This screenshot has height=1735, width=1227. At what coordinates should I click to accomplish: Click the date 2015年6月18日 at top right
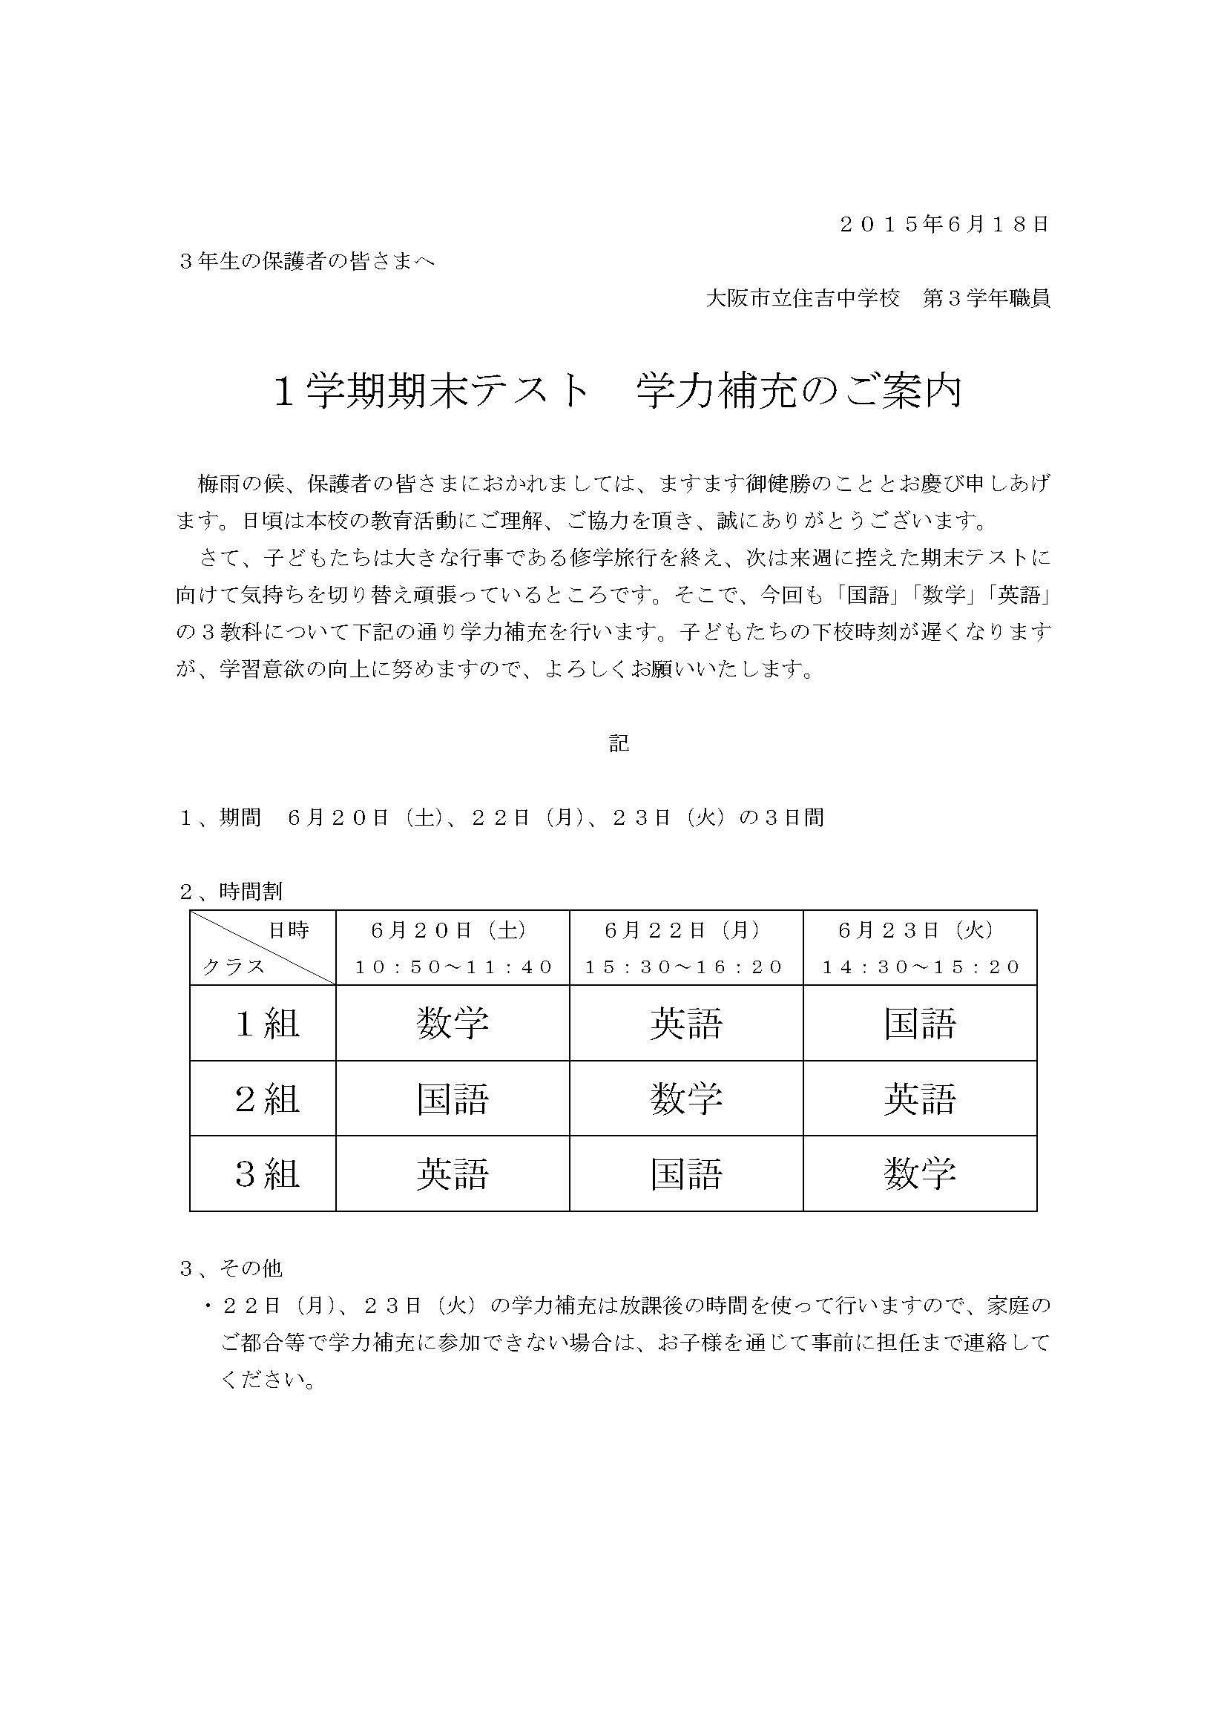click(944, 225)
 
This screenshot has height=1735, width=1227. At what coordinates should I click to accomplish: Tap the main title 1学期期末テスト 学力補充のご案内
click(617, 392)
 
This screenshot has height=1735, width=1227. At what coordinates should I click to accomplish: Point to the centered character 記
click(619, 743)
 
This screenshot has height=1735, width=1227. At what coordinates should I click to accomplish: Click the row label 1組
click(268, 1023)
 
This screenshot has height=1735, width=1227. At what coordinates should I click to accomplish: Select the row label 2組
click(268, 1098)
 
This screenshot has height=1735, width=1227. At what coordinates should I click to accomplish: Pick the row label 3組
click(268, 1173)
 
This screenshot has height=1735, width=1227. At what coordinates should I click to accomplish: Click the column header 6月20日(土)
click(452, 930)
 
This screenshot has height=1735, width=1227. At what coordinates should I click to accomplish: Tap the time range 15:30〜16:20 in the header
click(685, 967)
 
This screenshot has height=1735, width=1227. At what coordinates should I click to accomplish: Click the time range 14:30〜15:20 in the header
click(919, 967)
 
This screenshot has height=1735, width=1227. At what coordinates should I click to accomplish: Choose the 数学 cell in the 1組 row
click(453, 1023)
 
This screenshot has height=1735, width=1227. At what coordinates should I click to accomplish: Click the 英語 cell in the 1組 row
click(686, 1023)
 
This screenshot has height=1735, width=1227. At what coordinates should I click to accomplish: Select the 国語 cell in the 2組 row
click(453, 1098)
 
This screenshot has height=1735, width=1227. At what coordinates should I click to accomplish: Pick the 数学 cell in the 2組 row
click(686, 1098)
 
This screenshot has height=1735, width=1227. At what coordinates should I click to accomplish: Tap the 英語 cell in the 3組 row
click(453, 1173)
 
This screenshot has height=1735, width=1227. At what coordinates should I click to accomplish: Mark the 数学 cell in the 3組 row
click(919, 1173)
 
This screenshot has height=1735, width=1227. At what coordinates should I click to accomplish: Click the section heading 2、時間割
click(231, 892)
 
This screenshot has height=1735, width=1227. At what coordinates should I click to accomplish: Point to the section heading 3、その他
click(231, 1268)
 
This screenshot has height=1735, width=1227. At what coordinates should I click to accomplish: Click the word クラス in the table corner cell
click(234, 967)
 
